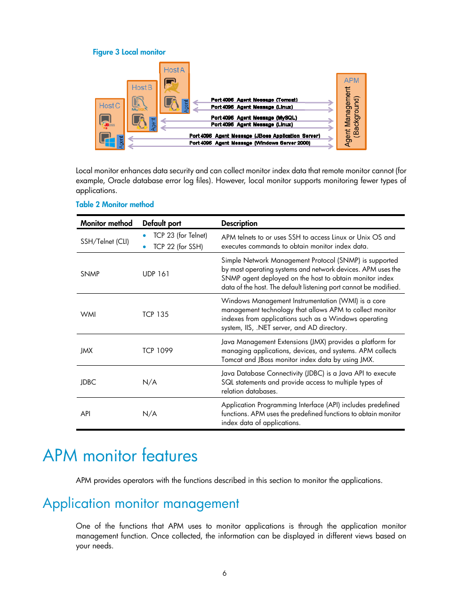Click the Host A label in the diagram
(x=174, y=70)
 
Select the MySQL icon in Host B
(x=139, y=104)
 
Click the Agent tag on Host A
(x=186, y=106)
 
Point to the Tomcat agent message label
(x=254, y=100)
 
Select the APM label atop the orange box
(x=351, y=80)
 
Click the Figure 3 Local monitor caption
(x=129, y=52)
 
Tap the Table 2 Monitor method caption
(x=115, y=204)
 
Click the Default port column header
(x=162, y=223)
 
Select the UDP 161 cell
(x=156, y=274)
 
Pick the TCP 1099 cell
(x=158, y=351)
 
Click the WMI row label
(x=88, y=314)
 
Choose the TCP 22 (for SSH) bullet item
(x=178, y=247)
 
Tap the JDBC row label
(x=88, y=382)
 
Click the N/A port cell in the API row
(x=150, y=414)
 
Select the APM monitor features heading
(x=120, y=456)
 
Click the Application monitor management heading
(x=141, y=504)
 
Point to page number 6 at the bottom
(x=224, y=573)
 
